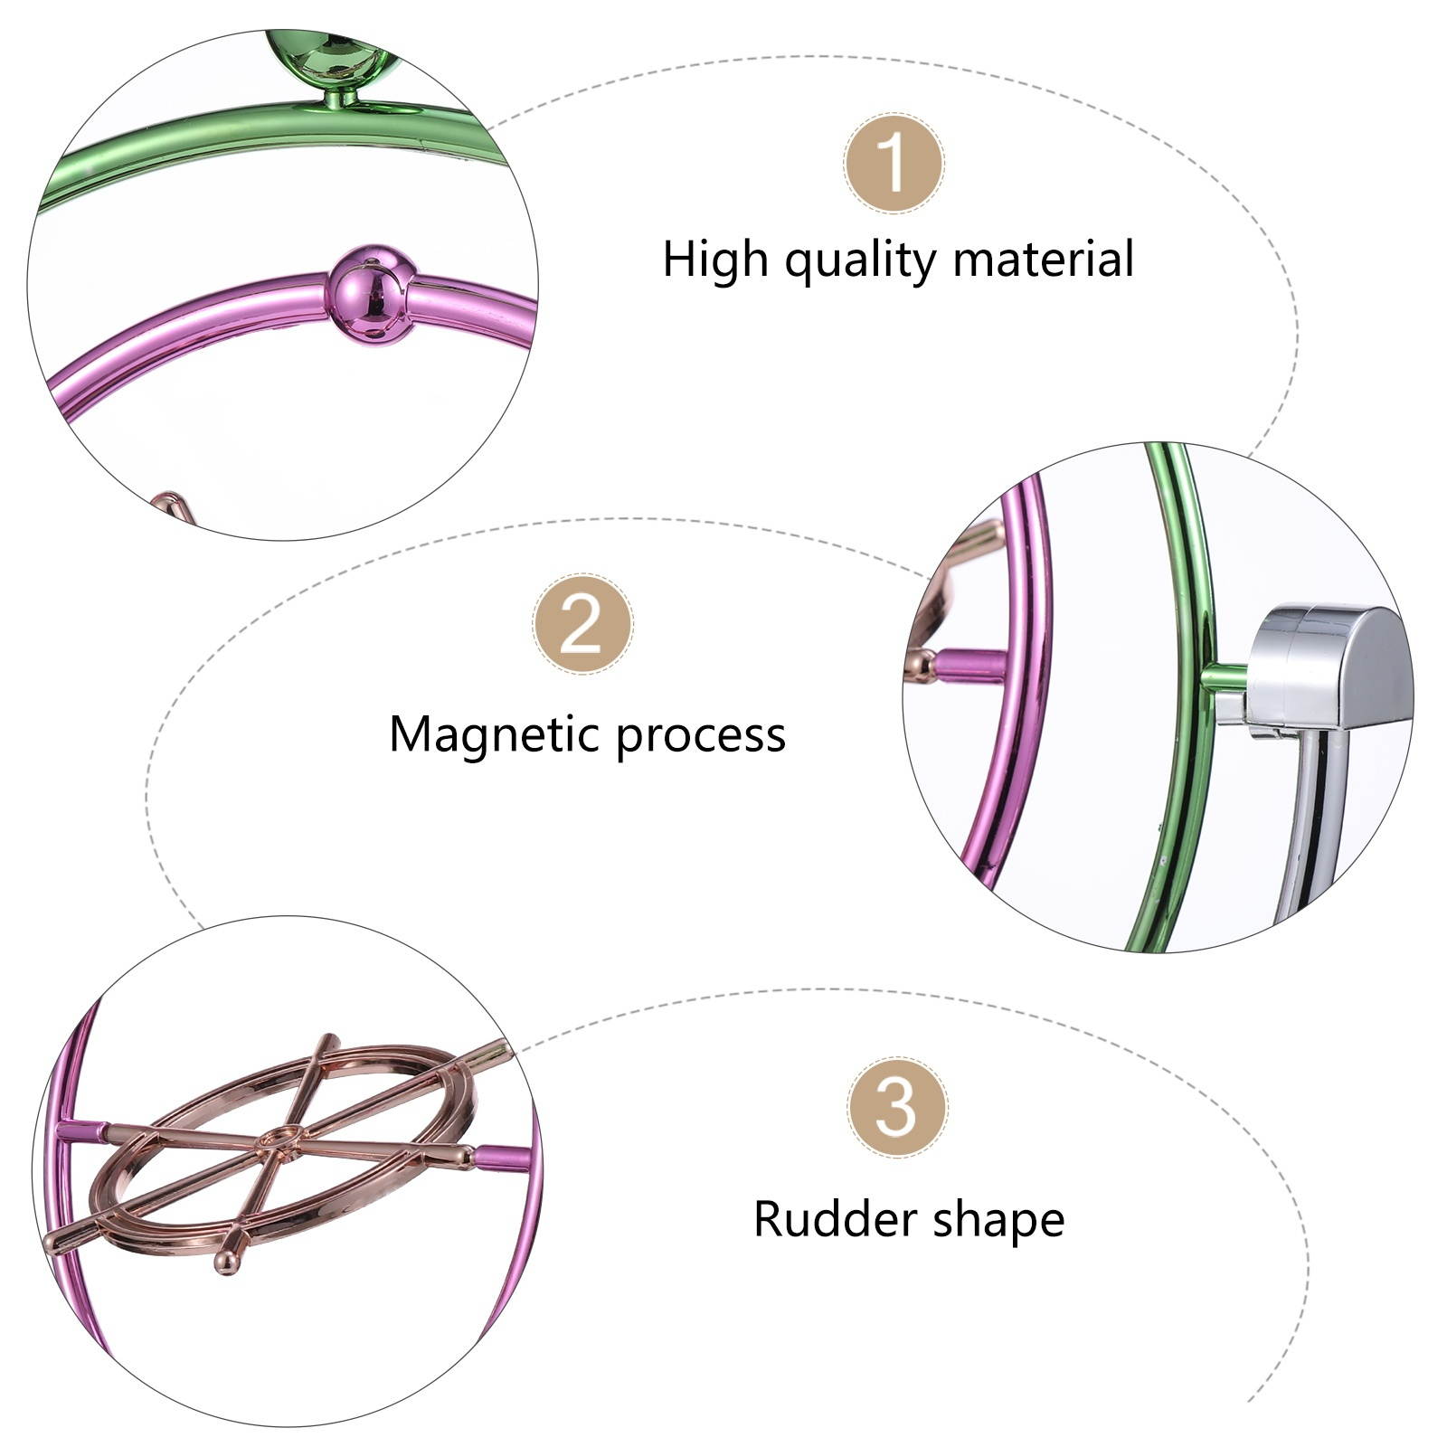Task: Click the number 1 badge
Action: pos(894,164)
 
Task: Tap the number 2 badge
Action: pos(582,624)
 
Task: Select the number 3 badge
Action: pos(896,1107)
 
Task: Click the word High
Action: pos(714,260)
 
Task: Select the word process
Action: pos(701,736)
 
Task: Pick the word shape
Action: pos(999,1221)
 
